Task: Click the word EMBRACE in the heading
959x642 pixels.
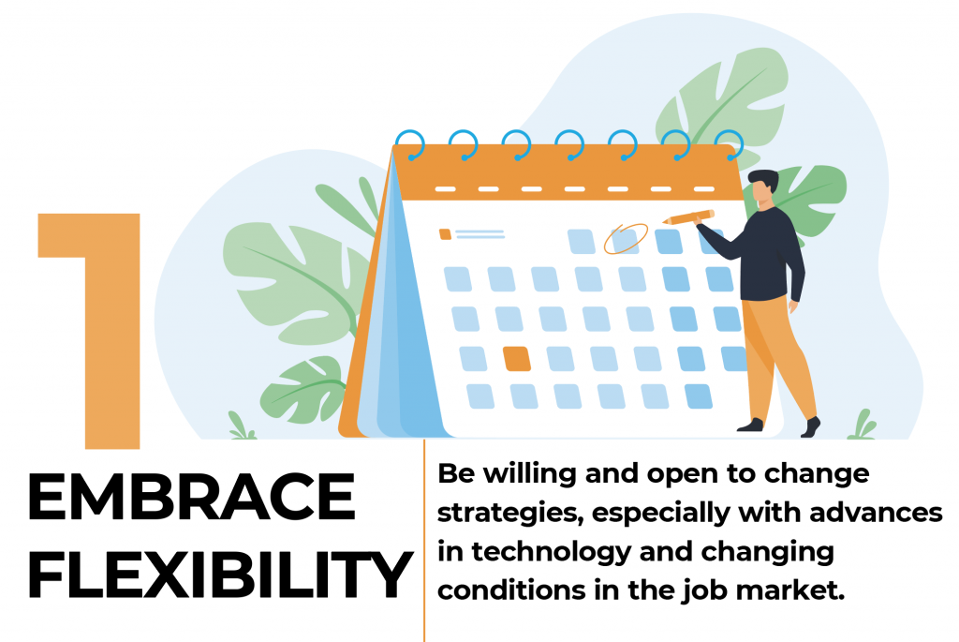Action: [191, 497]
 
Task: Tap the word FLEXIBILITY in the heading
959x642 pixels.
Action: [220, 575]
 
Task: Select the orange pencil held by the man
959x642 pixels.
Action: [688, 216]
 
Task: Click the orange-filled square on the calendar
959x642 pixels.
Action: [516, 359]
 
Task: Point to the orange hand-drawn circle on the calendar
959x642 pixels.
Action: [626, 239]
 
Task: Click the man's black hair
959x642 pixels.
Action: [764, 180]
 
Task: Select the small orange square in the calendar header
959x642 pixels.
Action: [445, 233]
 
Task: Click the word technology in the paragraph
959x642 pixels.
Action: [551, 552]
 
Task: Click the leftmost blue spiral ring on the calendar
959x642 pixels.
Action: [410, 145]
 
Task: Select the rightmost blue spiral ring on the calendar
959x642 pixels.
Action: [729, 145]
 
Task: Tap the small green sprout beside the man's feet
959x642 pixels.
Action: [862, 426]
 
